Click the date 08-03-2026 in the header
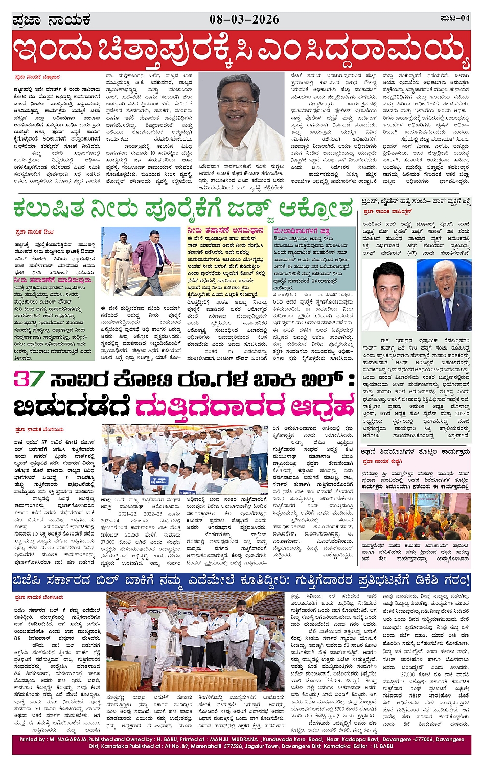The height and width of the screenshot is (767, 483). point(244,19)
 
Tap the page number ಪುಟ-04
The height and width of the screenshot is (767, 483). point(454,18)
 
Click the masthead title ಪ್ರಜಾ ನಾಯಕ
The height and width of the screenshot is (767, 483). point(52,20)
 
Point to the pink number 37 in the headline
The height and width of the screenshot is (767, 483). point(29,379)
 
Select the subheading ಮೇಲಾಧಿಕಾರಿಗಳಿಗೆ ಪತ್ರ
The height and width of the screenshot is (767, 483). point(302,231)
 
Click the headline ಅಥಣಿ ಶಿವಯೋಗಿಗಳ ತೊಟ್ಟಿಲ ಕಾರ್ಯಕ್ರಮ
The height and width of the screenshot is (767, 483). point(415,452)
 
